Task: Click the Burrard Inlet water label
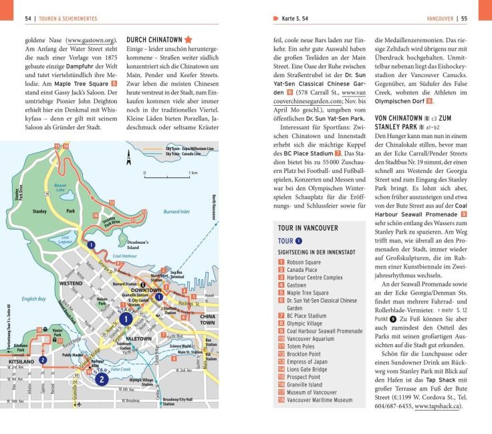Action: tap(176, 211)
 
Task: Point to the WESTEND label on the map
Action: tap(70, 283)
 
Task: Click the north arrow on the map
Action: tap(129, 157)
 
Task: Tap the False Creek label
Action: tap(120, 368)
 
